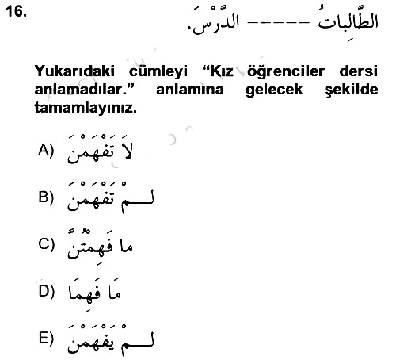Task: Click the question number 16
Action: (17, 12)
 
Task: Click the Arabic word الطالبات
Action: (348, 21)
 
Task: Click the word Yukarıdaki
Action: (74, 71)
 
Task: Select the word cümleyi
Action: (158, 71)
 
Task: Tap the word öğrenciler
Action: (286, 71)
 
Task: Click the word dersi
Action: (359, 71)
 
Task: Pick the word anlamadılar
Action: (83, 90)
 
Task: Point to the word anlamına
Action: (190, 90)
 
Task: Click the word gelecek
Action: (274, 90)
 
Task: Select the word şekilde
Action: (352, 90)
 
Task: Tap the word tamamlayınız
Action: (86, 109)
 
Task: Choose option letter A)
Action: (46, 151)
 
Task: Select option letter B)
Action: (46, 197)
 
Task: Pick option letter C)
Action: (46, 244)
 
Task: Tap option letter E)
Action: (46, 339)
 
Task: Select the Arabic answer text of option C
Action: (100, 245)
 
